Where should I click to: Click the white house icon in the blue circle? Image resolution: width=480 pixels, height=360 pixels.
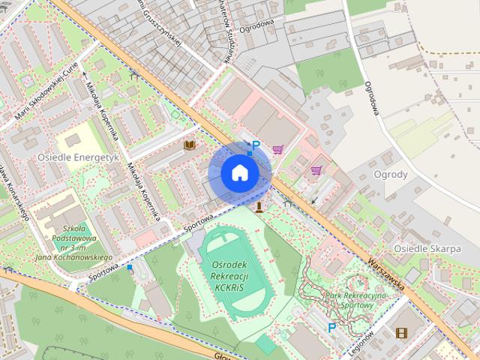click(x=239, y=172)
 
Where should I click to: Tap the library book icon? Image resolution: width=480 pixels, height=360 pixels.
click(x=190, y=144)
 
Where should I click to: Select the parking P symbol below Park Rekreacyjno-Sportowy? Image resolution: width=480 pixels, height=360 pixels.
click(x=331, y=327)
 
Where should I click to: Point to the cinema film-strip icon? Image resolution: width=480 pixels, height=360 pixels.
click(x=402, y=332)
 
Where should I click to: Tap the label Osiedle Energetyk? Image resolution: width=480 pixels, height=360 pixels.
click(x=78, y=157)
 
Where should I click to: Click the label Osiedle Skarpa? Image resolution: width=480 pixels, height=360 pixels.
click(x=427, y=248)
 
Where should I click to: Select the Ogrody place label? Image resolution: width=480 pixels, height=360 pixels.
click(x=390, y=175)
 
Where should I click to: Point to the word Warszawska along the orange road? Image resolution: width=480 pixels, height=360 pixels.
click(x=386, y=275)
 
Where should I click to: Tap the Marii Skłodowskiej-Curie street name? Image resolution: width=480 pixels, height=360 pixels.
click(x=45, y=92)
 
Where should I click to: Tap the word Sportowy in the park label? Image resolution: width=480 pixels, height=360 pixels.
click(x=357, y=306)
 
